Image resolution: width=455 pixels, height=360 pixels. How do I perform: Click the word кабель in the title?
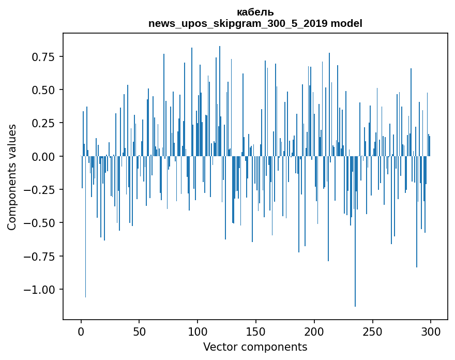click(x=255, y=12)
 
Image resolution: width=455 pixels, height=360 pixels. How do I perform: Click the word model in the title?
click(x=346, y=23)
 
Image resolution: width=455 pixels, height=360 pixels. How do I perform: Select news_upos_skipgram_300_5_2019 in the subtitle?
click(x=238, y=24)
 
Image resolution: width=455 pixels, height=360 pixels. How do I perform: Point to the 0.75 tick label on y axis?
click(x=43, y=57)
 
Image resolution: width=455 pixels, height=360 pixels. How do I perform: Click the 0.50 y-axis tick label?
click(x=43, y=90)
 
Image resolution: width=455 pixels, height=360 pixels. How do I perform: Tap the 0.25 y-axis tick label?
click(x=43, y=124)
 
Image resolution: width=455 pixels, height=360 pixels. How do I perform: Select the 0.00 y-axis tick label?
click(x=43, y=157)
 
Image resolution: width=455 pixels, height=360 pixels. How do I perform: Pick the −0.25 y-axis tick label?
click(x=39, y=190)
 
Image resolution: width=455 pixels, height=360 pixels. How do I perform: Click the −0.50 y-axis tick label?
click(x=39, y=223)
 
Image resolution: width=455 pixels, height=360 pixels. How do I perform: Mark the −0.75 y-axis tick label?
click(x=39, y=257)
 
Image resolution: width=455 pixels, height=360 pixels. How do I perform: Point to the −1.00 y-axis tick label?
click(x=39, y=290)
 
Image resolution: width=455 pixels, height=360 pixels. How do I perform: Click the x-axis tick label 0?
click(x=81, y=332)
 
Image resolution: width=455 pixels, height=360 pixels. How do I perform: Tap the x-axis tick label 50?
click(x=139, y=332)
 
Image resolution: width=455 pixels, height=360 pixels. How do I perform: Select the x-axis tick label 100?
click(x=198, y=332)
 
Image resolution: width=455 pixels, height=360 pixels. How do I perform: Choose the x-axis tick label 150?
click(x=256, y=332)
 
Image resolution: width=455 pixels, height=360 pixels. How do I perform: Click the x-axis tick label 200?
click(x=314, y=332)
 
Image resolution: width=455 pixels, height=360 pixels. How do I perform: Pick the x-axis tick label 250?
click(x=372, y=332)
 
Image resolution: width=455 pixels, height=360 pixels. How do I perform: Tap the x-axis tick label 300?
click(x=431, y=332)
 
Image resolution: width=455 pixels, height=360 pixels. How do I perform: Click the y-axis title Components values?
click(x=11, y=177)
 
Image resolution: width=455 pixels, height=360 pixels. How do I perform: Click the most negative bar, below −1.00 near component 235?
click(x=355, y=231)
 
